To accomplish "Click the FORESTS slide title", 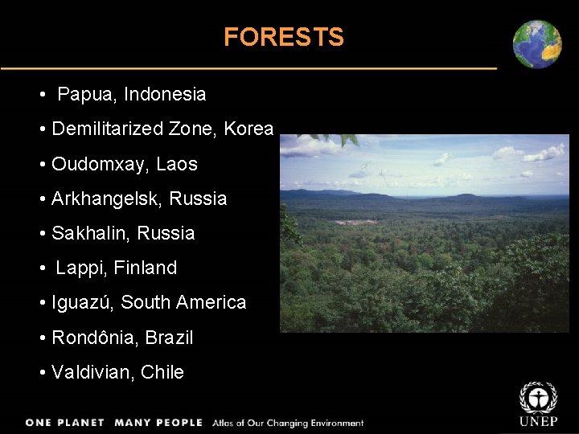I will pos(283,37).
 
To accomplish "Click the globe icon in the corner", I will pos(537,44).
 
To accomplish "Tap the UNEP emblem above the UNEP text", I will pos(536,398).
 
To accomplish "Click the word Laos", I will pos(177,165).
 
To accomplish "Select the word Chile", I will pos(162,373).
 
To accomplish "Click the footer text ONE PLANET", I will pos(65,423).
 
